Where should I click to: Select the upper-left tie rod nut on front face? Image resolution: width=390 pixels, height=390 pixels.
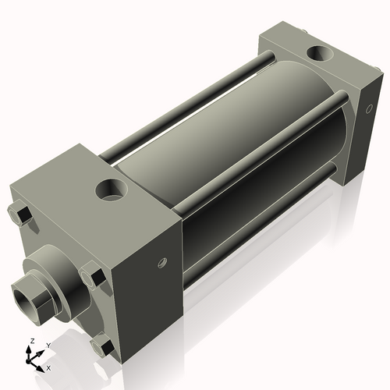click(x=20, y=214)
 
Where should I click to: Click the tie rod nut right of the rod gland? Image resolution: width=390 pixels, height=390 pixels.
click(x=92, y=276)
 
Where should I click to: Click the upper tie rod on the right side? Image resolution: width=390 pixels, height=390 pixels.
click(x=257, y=148)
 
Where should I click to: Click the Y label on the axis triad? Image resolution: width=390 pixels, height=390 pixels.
click(x=48, y=345)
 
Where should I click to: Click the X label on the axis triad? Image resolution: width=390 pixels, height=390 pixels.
click(x=48, y=367)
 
